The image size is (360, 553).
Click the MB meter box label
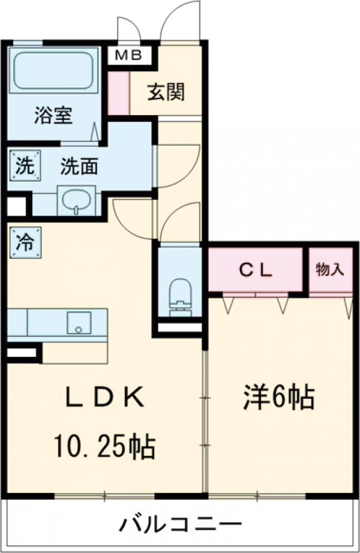(x=128, y=56)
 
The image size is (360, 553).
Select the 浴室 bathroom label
(x=53, y=115)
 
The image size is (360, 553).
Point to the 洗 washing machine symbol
(x=25, y=164)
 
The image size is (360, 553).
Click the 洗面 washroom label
(x=79, y=166)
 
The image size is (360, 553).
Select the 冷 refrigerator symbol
(x=25, y=242)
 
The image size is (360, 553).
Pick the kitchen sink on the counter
(x=78, y=323)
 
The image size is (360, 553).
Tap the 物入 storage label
(x=330, y=269)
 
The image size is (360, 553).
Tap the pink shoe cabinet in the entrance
(x=118, y=92)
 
